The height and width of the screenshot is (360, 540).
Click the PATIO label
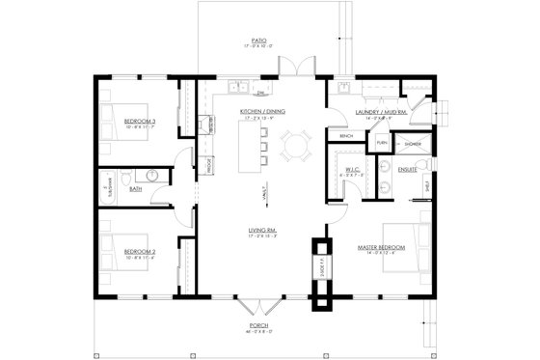[x=256, y=40]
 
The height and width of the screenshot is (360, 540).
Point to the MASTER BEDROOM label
[x=381, y=248]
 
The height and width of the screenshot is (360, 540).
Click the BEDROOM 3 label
[x=140, y=120]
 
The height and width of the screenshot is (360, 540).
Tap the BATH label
[x=136, y=189]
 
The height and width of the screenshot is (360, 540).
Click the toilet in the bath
[x=149, y=177]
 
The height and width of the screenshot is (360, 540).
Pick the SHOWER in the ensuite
[x=412, y=144]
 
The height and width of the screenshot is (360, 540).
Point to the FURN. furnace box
[x=381, y=143]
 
